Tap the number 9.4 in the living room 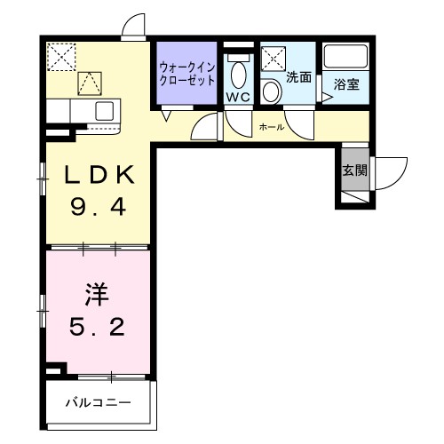click(x=98, y=210)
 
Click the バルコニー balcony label click(x=98, y=402)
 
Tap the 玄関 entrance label click(x=353, y=170)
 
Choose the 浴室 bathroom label click(x=347, y=84)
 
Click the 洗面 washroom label click(x=299, y=77)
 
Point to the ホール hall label click(x=271, y=128)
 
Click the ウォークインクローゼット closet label click(x=186, y=72)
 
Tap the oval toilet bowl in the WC click(x=238, y=72)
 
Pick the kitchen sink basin click(x=105, y=110)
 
